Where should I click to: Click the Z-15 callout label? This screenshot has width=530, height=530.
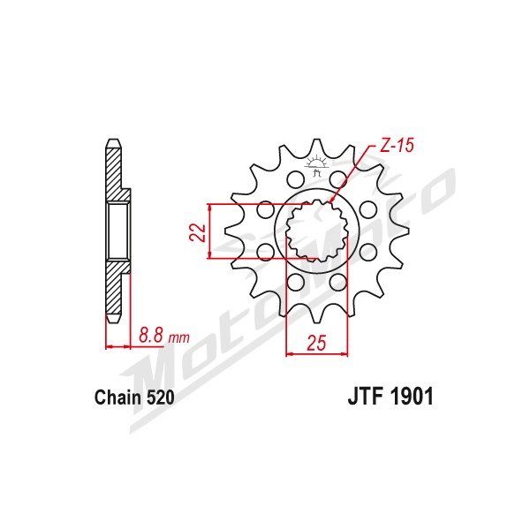pyautogui.click(x=397, y=146)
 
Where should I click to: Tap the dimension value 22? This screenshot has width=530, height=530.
pyautogui.click(x=197, y=232)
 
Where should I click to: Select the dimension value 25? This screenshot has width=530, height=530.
pyautogui.click(x=316, y=343)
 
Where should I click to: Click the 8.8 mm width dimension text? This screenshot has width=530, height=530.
pyautogui.click(x=164, y=337)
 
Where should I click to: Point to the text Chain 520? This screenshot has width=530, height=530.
pyautogui.click(x=134, y=397)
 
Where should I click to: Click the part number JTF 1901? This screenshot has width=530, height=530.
pyautogui.click(x=390, y=396)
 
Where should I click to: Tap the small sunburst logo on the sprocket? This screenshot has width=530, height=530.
pyautogui.click(x=316, y=165)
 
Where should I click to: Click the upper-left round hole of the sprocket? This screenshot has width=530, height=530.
pyautogui.click(x=295, y=178)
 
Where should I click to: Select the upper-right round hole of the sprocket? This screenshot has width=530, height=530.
pyautogui.click(x=338, y=178)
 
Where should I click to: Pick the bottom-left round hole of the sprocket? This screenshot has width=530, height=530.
pyautogui.click(x=295, y=283)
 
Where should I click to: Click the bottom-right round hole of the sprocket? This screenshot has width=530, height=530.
pyautogui.click(x=338, y=283)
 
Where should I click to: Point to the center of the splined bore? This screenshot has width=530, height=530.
pyautogui.click(x=317, y=231)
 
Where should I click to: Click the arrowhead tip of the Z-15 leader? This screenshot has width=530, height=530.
pyautogui.click(x=330, y=203)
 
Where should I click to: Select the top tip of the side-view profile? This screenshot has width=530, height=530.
pyautogui.click(x=113, y=139)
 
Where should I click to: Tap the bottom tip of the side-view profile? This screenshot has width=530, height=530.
pyautogui.click(x=113, y=322)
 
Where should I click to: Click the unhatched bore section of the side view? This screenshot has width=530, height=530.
pyautogui.click(x=118, y=231)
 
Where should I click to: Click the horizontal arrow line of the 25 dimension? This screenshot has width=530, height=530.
pyautogui.click(x=317, y=354)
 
